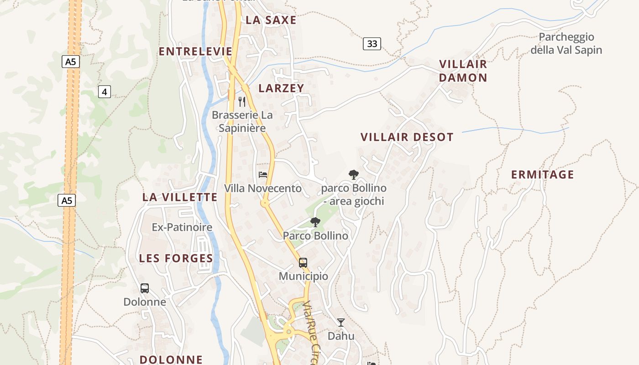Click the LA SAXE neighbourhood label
271,20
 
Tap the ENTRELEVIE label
195,52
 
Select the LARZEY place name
281,88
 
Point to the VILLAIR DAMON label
463,71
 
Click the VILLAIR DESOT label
407,137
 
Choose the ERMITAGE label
542,174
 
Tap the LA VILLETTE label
180,197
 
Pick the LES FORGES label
176,258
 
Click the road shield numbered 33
372,44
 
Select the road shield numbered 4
105,92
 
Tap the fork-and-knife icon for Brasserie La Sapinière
242,101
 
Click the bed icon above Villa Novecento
263,174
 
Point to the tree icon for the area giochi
353,174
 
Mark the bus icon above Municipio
303,262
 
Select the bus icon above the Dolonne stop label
145,288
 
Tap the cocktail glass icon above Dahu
341,323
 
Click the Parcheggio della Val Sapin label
566,43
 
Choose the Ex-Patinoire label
182,227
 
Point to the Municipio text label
304,276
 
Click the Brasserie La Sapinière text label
242,121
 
